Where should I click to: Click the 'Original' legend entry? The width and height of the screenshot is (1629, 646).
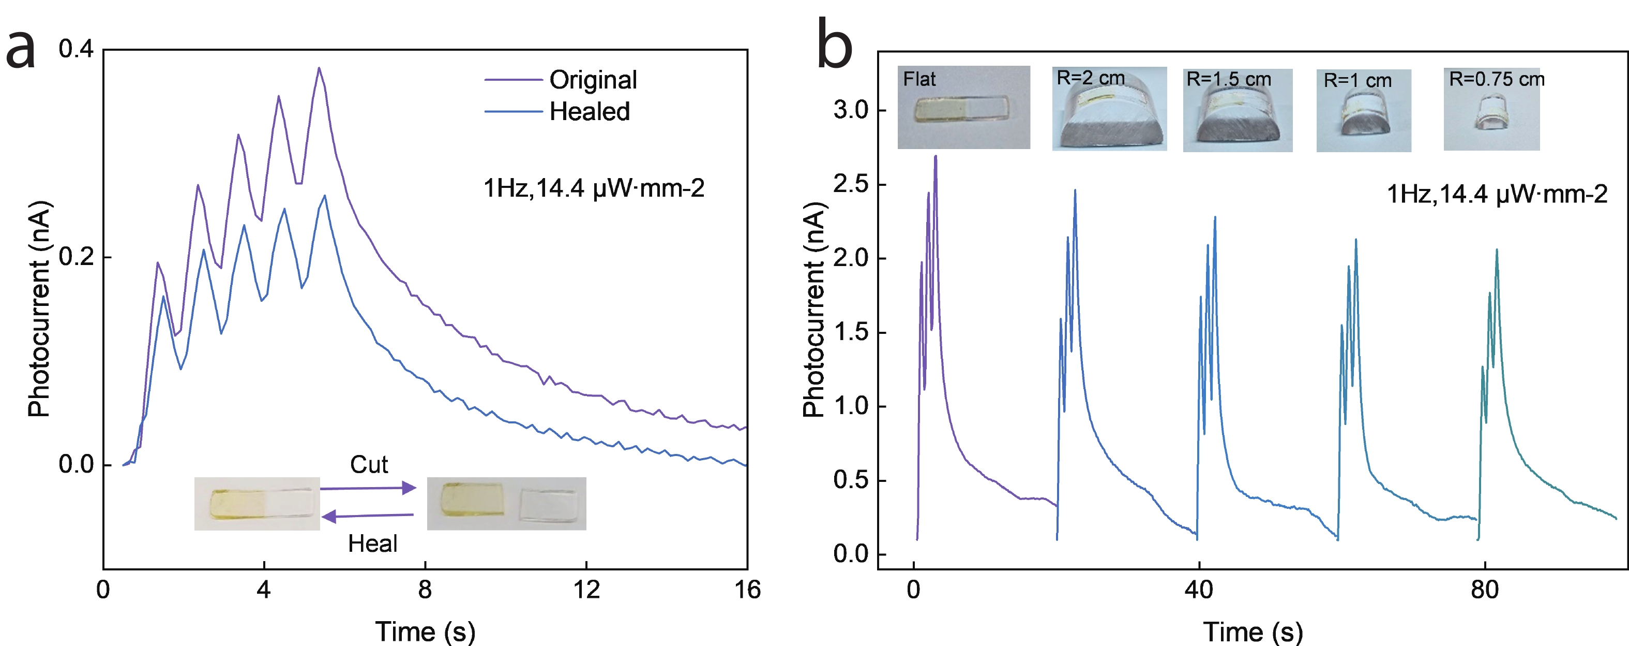point(593,80)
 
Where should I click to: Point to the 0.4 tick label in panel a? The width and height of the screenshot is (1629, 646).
point(76,49)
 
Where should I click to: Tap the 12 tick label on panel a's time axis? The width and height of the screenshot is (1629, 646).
point(586,590)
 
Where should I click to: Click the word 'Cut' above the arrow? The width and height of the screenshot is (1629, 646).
point(369,465)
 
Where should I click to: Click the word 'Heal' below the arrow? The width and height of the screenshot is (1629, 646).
point(372,544)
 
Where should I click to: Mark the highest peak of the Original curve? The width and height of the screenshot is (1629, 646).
point(319,68)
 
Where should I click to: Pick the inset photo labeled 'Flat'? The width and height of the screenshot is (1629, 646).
point(963,108)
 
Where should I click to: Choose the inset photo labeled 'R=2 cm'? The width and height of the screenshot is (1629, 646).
point(1109,109)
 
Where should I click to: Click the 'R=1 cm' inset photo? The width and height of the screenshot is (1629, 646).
point(1363,111)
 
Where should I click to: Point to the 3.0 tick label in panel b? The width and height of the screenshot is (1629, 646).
point(851,110)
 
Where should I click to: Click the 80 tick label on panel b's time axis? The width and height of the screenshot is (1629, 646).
point(1484,590)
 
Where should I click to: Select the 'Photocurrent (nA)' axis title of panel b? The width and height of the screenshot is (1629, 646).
point(814,310)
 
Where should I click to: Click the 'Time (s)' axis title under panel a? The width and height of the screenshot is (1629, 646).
point(425,632)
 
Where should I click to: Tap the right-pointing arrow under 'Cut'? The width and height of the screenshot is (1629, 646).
point(368,488)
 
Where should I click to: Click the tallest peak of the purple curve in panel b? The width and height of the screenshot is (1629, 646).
point(936,156)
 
